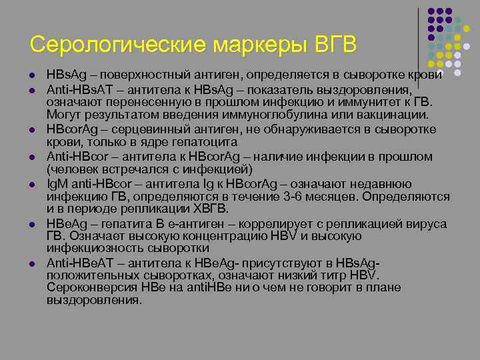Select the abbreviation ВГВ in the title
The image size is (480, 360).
click(337, 45)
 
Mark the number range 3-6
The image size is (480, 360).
click(291, 197)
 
